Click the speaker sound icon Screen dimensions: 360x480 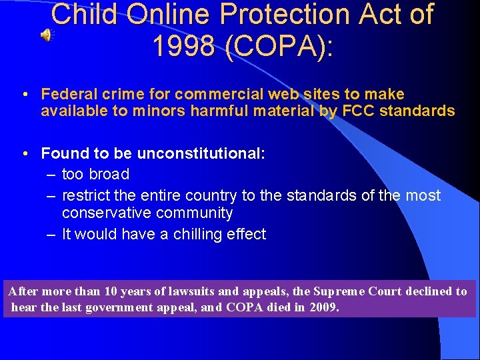[x=45, y=35]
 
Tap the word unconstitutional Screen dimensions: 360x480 [x=201, y=153]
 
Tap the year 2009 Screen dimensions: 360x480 [x=324, y=308]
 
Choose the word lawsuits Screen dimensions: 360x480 [x=179, y=291]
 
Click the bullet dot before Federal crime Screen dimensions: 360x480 [x=23, y=95]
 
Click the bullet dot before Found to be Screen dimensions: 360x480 [x=23, y=153]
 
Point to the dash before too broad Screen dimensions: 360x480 [x=51, y=175]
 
